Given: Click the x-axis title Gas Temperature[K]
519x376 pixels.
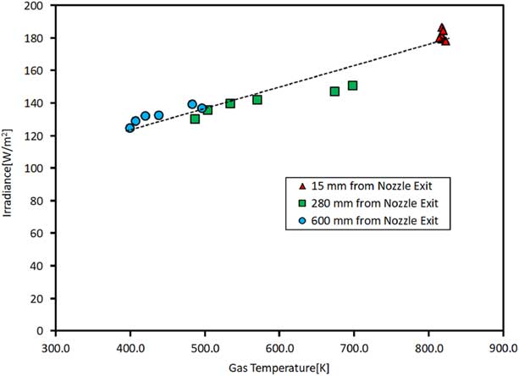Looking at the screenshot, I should pyautogui.click(x=279, y=366).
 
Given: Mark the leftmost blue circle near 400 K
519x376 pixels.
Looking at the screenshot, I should pyautogui.click(x=130, y=128).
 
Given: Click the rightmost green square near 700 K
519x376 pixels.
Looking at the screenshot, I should pyautogui.click(x=352, y=86).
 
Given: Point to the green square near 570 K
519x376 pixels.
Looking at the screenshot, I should pyautogui.click(x=257, y=100).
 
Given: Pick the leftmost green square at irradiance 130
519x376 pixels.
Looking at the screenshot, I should pyautogui.click(x=195, y=119).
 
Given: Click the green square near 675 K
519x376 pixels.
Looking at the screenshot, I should pyautogui.click(x=334, y=91).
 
